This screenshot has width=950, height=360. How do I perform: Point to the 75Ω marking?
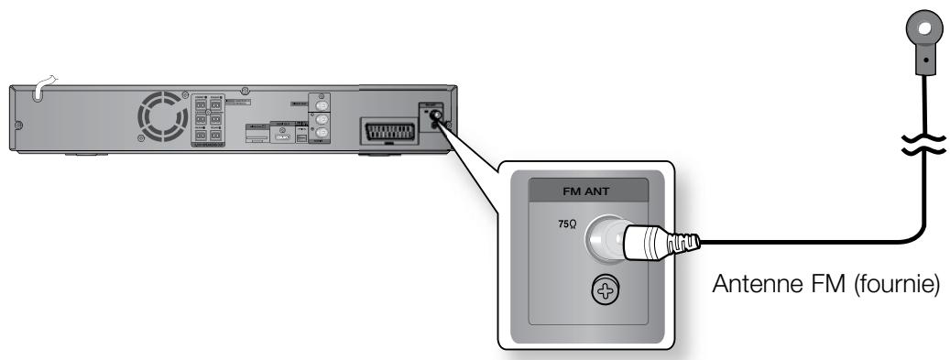566,224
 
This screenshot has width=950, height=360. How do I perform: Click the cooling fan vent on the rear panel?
160,117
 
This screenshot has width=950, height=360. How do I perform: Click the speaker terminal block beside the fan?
207,120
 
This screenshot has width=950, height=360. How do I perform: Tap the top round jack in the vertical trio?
322,103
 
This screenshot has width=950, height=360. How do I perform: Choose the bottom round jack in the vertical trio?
322,133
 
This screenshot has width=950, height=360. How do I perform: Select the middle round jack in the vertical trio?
322,118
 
